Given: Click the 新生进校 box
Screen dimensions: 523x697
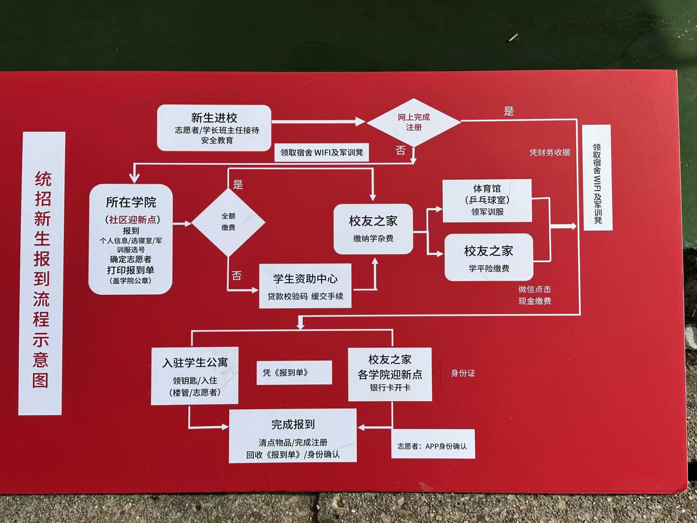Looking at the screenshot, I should (214, 128).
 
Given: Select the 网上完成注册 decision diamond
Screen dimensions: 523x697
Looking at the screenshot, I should (414, 122).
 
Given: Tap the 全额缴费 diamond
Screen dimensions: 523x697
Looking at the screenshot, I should (228, 222).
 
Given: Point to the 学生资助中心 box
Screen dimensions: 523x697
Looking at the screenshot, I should (305, 286).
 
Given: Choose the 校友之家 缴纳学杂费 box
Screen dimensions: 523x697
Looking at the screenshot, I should (373, 229).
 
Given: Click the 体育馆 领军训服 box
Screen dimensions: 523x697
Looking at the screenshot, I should (487, 200).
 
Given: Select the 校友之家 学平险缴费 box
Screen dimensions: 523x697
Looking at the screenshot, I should (489, 257).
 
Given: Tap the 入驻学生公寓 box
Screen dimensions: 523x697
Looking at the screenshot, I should (195, 376).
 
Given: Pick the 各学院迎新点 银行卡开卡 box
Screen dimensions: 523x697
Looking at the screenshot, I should (390, 374).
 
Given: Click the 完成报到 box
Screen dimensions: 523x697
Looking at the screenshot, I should (293, 436).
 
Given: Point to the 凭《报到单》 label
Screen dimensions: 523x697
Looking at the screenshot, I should (294, 373).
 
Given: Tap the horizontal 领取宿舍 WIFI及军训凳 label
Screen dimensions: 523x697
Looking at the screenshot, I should (322, 152).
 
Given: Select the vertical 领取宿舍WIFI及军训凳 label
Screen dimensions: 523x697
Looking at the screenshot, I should (598, 178).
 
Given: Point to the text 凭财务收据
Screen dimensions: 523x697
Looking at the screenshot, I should (550, 153).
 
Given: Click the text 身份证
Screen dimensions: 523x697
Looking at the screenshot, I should (463, 373).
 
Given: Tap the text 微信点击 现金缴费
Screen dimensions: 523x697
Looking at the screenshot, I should (535, 295).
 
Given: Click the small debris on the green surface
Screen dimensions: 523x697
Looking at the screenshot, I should (513, 38).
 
